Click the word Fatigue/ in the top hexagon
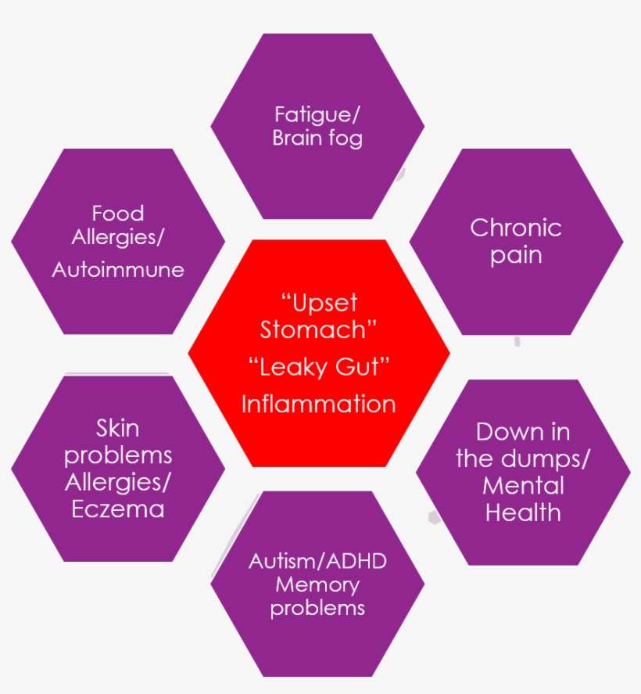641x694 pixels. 317,114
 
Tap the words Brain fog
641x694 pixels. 317,138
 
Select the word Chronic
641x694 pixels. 516,228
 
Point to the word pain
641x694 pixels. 516,255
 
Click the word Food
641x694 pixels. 118,213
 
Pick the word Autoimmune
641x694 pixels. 118,270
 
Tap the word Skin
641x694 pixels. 118,428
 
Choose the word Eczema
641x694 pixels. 118,509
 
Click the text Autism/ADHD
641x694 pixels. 317,561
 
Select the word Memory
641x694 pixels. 317,584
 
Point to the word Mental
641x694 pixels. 523,486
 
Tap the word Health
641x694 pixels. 523,512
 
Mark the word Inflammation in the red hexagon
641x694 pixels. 318,404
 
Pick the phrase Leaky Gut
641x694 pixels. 318,366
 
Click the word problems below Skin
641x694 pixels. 118,455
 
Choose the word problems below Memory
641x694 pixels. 317,608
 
